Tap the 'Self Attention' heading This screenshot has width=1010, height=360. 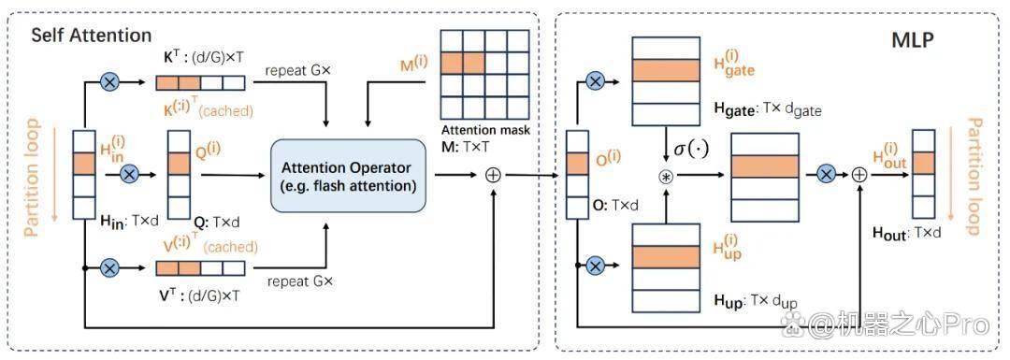coord(92,35)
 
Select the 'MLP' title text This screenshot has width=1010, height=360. coord(913,42)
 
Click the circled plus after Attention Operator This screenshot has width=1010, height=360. coord(493,175)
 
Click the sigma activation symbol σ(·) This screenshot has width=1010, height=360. coord(691,150)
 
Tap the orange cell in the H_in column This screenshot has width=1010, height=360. coord(84,164)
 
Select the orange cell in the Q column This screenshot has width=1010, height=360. coord(178,164)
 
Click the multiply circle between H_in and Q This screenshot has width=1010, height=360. coord(131,174)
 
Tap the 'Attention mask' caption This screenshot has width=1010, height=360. coord(486,130)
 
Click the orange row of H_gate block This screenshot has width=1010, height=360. coord(666,70)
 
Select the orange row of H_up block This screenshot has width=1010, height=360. coord(666,256)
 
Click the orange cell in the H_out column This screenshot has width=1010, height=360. coord(924,163)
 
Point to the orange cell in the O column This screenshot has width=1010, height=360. coord(578,164)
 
